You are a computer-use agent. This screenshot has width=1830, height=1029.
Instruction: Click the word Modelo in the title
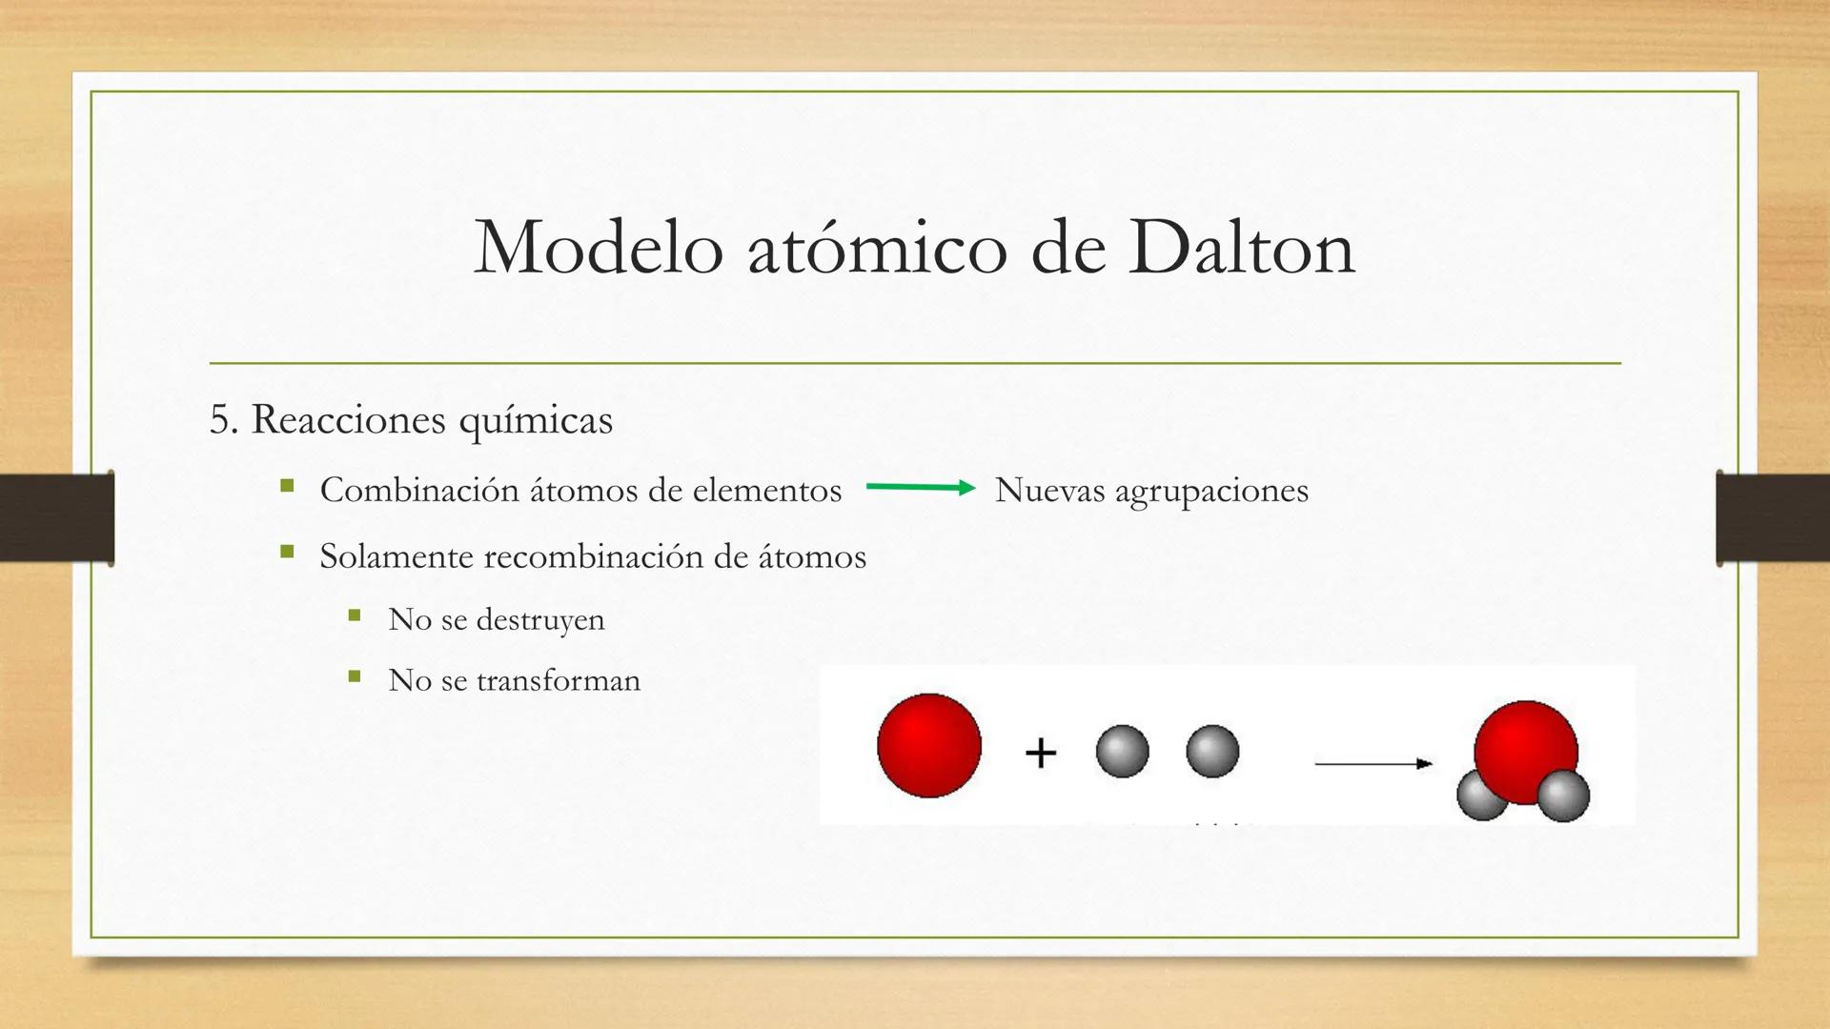(599, 248)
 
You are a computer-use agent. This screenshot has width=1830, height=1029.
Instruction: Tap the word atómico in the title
(877, 250)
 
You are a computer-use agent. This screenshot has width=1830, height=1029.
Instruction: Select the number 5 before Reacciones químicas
(220, 420)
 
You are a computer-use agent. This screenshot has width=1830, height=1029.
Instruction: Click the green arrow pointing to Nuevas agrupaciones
(920, 488)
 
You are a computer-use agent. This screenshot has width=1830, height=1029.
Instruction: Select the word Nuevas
(1049, 491)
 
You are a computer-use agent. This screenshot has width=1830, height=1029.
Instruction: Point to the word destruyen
(540, 620)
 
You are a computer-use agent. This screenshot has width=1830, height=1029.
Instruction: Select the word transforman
(559, 681)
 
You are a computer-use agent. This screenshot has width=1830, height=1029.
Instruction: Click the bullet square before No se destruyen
(355, 615)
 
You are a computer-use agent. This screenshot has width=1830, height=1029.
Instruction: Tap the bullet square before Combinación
(287, 486)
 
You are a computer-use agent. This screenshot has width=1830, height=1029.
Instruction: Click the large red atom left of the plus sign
(929, 745)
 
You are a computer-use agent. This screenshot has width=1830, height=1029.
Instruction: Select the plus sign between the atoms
(1041, 753)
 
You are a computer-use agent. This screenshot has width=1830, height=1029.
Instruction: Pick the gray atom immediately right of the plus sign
(1122, 751)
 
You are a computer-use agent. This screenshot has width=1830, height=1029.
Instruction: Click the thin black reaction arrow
(1372, 763)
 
